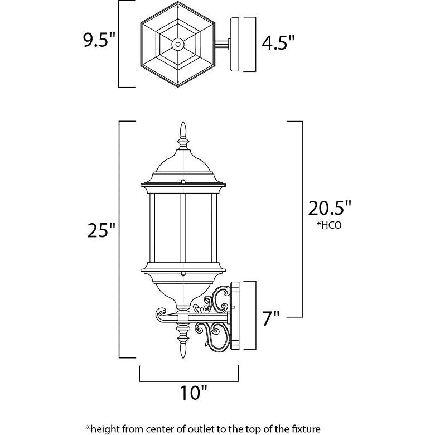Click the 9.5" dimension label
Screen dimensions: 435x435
99,42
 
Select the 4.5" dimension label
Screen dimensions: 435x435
278,42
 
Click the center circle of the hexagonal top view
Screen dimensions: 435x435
178,43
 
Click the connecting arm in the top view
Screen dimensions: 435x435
221,43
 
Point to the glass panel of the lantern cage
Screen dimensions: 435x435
166,229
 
